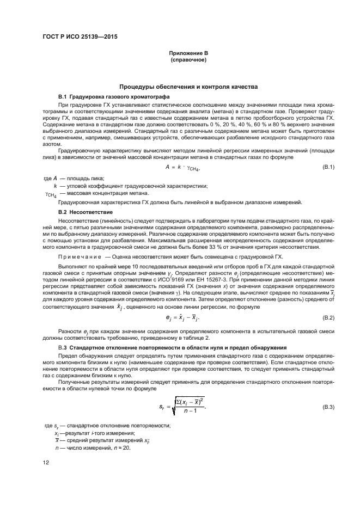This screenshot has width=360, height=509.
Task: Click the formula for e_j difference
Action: click(187, 317)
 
